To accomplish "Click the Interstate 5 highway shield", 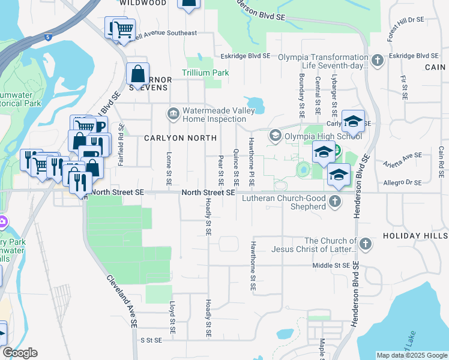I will tap(48, 37).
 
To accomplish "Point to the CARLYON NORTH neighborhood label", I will tap(180, 138).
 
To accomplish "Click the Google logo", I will tap(20, 353).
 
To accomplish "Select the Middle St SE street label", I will tap(331, 265).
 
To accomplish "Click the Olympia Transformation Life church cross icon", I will tap(378, 60).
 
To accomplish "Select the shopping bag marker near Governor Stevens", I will tap(138, 74).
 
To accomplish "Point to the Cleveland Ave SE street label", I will tap(121, 301).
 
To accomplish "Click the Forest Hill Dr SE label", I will tap(406, 29).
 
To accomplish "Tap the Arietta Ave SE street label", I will tap(403, 157).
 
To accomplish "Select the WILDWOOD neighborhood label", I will tap(143, 3).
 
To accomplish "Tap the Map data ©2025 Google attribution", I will tap(412, 355).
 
